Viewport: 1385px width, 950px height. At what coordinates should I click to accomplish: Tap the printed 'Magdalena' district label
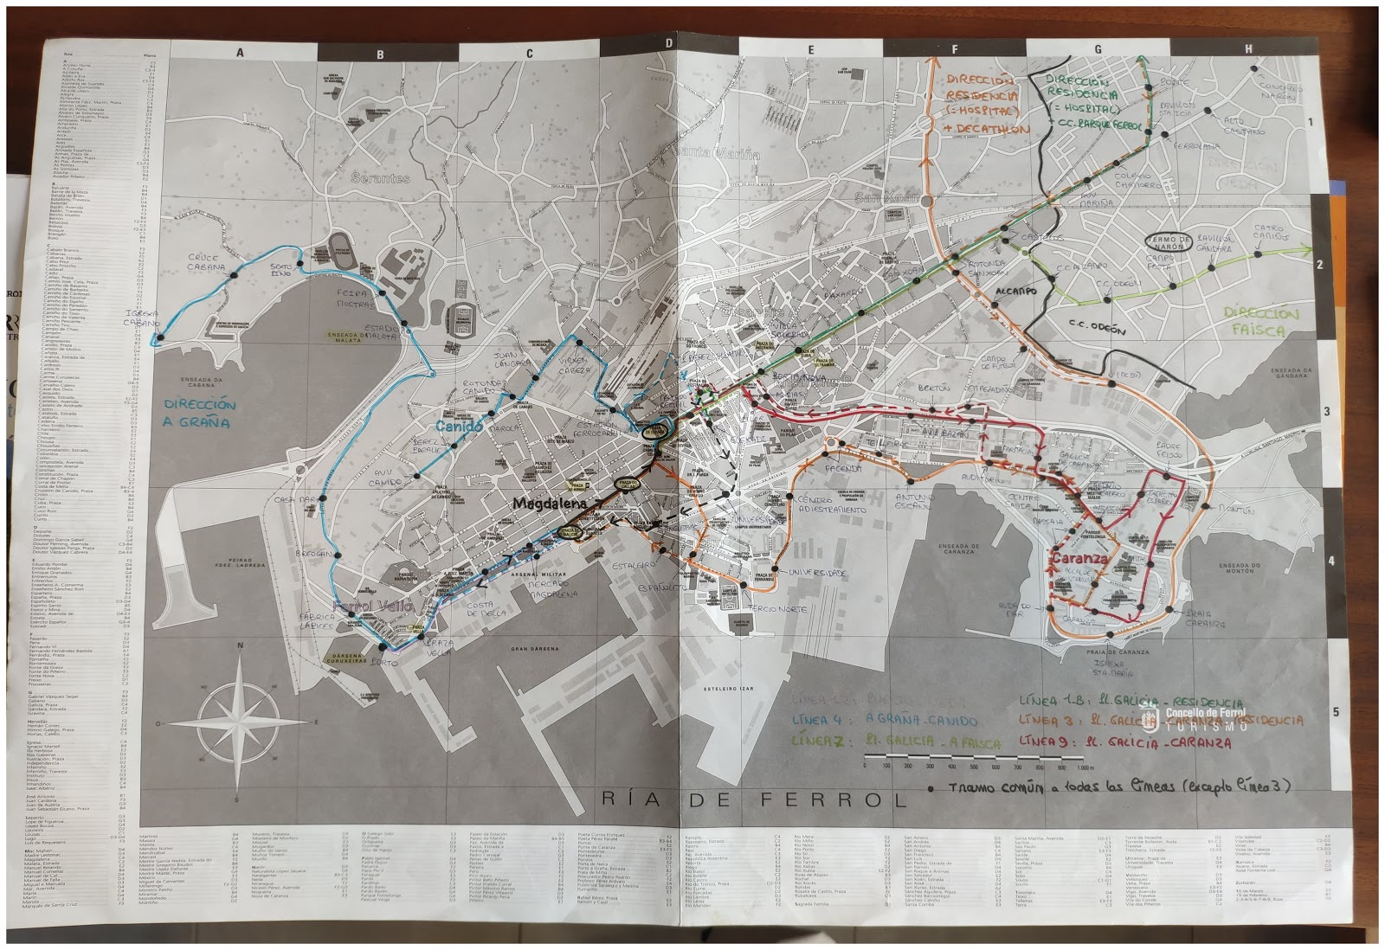pyautogui.click(x=549, y=503)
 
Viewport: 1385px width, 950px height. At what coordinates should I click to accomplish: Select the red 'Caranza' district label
pyautogui.click(x=1079, y=559)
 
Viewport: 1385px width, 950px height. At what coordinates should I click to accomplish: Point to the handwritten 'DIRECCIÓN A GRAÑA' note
pyautogui.click(x=198, y=414)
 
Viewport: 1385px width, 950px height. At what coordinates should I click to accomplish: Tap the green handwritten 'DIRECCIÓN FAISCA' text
pyautogui.click(x=1261, y=323)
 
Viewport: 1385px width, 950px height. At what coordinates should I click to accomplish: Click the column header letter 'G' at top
pyautogui.click(x=1098, y=49)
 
